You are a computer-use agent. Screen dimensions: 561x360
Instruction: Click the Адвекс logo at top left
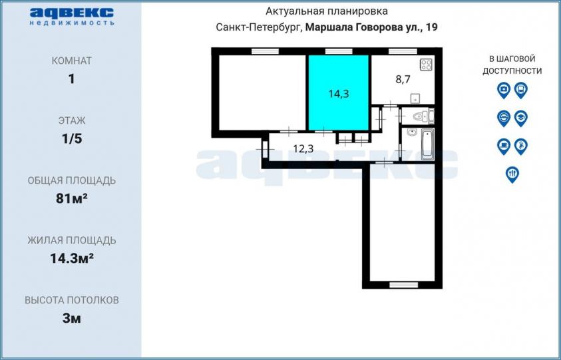click(x=72, y=17)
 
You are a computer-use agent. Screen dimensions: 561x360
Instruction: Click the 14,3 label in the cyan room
click(x=339, y=94)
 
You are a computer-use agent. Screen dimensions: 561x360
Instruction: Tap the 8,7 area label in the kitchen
click(x=403, y=79)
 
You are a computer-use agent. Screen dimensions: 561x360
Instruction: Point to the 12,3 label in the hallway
click(x=303, y=148)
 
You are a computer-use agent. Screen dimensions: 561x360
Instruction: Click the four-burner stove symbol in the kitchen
click(x=427, y=65)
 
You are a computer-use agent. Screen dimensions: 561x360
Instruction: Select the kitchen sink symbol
click(x=415, y=98)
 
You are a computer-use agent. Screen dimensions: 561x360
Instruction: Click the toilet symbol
click(x=422, y=116)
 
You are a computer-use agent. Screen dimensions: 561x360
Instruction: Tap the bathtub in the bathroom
click(x=427, y=144)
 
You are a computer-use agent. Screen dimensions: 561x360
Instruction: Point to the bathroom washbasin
click(x=412, y=132)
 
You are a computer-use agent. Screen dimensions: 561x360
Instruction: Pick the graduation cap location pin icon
click(x=520, y=118)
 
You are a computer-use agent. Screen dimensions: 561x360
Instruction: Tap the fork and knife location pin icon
click(x=512, y=174)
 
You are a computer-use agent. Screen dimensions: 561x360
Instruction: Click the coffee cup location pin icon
click(x=503, y=146)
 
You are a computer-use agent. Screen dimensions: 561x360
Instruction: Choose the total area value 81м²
click(x=72, y=198)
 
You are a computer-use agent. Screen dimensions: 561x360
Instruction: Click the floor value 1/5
click(x=72, y=138)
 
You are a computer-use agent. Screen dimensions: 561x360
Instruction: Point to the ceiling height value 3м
click(x=72, y=318)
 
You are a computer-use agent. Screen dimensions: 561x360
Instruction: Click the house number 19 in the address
click(x=432, y=27)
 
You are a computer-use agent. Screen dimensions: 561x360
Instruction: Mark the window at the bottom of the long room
click(x=403, y=285)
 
